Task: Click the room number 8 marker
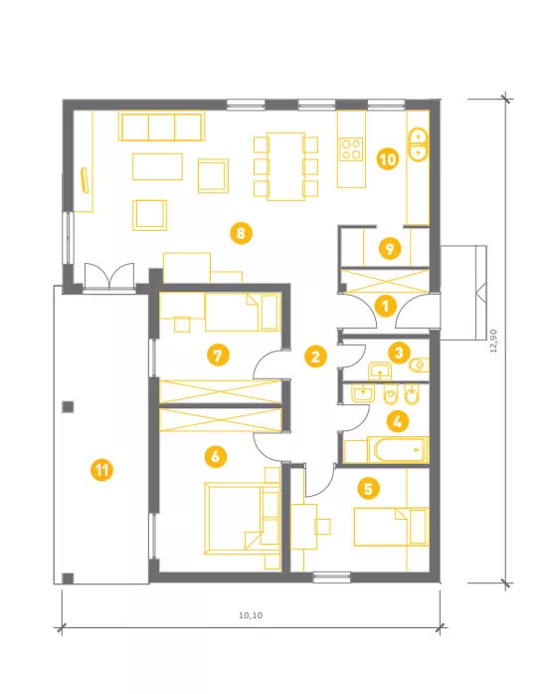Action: pyautogui.click(x=241, y=233)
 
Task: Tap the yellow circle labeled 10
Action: pyautogui.click(x=388, y=159)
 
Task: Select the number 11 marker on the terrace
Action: pyautogui.click(x=102, y=470)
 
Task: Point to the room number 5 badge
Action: pyautogui.click(x=368, y=488)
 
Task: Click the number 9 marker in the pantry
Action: pyautogui.click(x=390, y=248)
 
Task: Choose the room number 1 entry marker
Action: pyautogui.click(x=385, y=306)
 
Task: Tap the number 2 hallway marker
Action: pyautogui.click(x=315, y=356)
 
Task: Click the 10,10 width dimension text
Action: pyautogui.click(x=251, y=615)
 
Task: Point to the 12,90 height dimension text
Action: pyautogui.click(x=493, y=341)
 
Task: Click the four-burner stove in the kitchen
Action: pyautogui.click(x=351, y=148)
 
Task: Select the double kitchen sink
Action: pyautogui.click(x=418, y=143)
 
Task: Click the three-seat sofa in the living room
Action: pyautogui.click(x=161, y=126)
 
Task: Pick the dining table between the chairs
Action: pyautogui.click(x=285, y=166)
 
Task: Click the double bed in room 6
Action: pyautogui.click(x=242, y=519)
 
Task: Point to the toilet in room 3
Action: pyautogui.click(x=420, y=364)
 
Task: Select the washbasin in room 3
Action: pyautogui.click(x=380, y=371)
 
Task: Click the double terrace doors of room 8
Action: pyautogui.click(x=109, y=277)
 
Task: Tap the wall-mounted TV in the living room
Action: pyautogui.click(x=84, y=179)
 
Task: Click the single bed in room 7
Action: pyautogui.click(x=243, y=313)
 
